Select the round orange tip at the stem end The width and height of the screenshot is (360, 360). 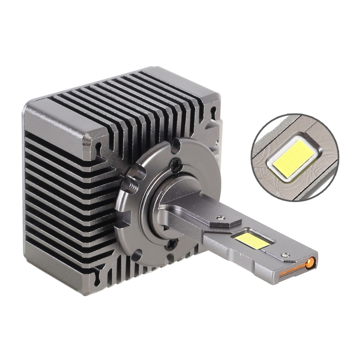click(x=311, y=262)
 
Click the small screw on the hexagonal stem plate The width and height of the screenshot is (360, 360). click(x=222, y=219)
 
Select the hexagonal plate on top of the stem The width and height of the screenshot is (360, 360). click(x=224, y=219)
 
